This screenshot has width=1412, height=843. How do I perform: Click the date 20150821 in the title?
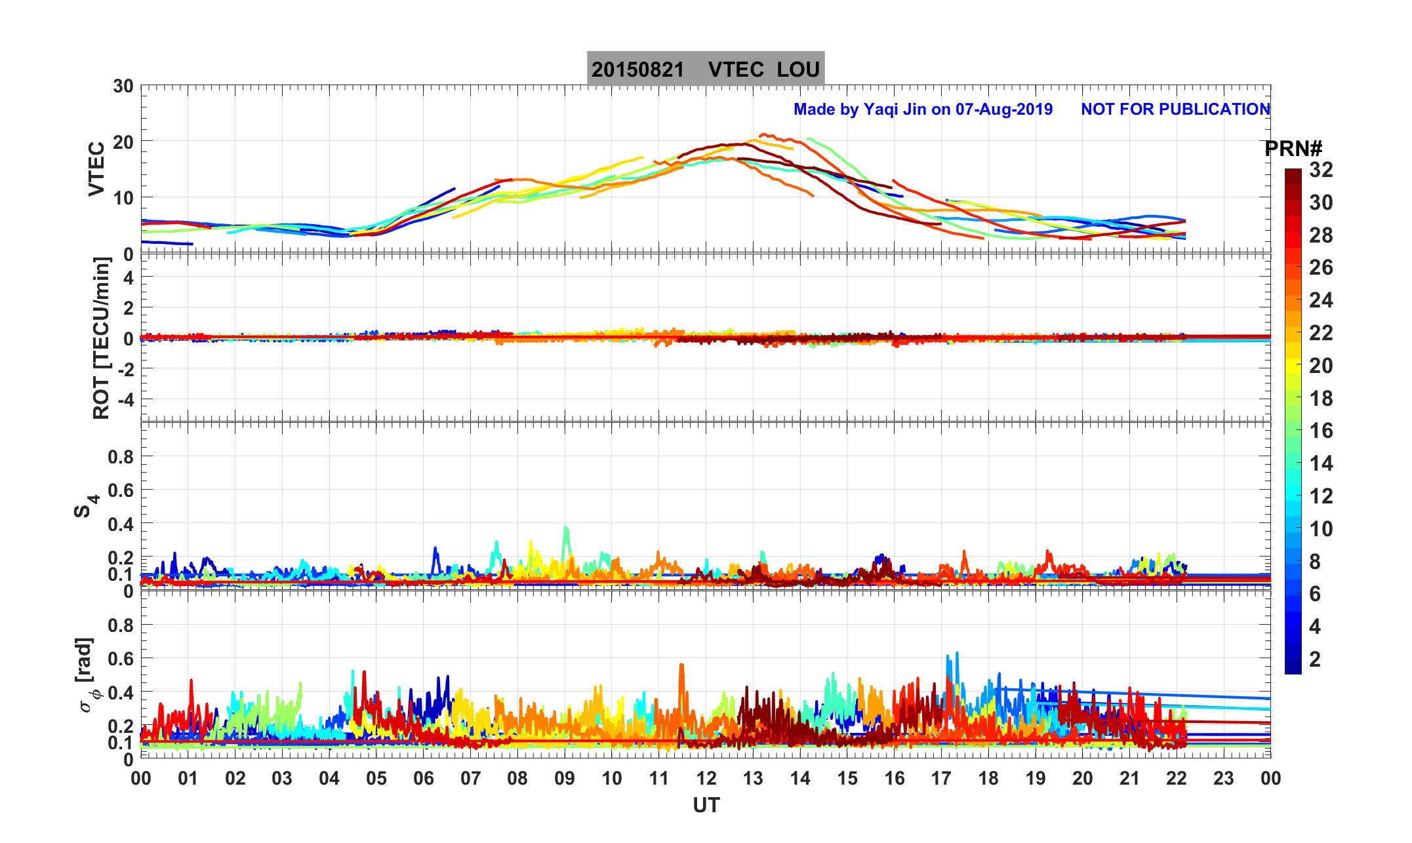(637, 69)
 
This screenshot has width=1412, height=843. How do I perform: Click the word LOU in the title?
(798, 69)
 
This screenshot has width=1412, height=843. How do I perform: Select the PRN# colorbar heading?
(1293, 149)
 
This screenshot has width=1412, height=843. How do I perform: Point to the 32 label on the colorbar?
(1321, 170)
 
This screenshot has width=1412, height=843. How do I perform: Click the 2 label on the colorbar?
(1314, 659)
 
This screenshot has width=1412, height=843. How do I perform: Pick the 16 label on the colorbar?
(1321, 431)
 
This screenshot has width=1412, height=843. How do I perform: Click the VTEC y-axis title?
(96, 168)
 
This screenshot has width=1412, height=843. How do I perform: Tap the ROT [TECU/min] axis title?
(101, 338)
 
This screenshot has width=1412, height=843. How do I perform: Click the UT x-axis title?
(706, 805)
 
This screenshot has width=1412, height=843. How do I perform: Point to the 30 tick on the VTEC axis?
(123, 87)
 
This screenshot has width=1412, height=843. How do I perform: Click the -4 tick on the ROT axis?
(125, 399)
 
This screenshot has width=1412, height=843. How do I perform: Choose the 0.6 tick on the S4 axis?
(121, 490)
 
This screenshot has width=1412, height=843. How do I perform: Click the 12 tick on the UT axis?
(706, 779)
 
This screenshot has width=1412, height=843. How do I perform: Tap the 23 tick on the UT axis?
(1223, 779)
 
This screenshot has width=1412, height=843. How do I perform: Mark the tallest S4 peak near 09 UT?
(565, 528)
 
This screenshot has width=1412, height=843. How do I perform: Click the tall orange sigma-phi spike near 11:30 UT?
(681, 667)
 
